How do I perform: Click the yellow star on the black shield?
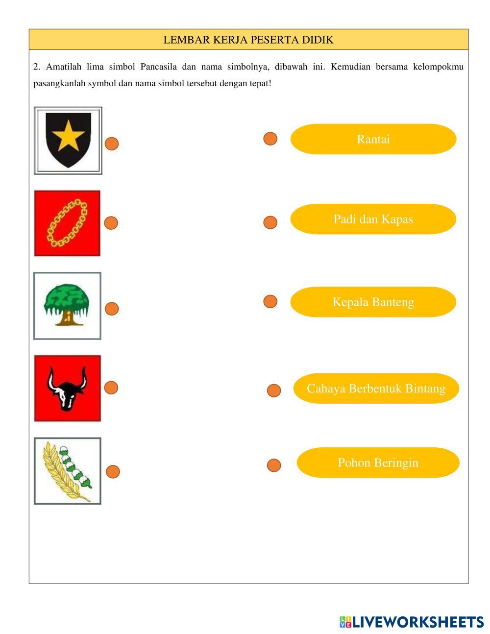[68, 136]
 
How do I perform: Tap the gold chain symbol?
[67, 223]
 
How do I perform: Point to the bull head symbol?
[67, 388]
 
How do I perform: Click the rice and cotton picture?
[67, 471]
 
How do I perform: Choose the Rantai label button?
[373, 139]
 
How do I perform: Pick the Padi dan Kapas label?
[373, 219]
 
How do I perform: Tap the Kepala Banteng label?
[373, 302]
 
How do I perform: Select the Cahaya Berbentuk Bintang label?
[376, 389]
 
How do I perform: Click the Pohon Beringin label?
[378, 463]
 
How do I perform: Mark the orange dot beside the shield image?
[112, 144]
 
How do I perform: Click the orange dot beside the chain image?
[111, 223]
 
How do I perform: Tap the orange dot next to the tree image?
[112, 309]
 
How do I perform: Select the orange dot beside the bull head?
[111, 388]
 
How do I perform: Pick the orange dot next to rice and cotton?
[113, 471]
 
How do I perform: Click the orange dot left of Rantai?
[270, 139]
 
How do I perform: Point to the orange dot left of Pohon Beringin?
[274, 465]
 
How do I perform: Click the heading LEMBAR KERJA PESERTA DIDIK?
[248, 40]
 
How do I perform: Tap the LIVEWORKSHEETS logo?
[411, 622]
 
